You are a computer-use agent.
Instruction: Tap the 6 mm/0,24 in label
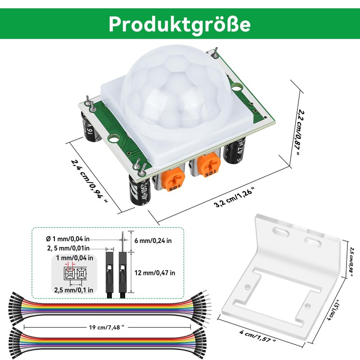153,241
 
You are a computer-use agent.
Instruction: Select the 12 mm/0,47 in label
155,272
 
